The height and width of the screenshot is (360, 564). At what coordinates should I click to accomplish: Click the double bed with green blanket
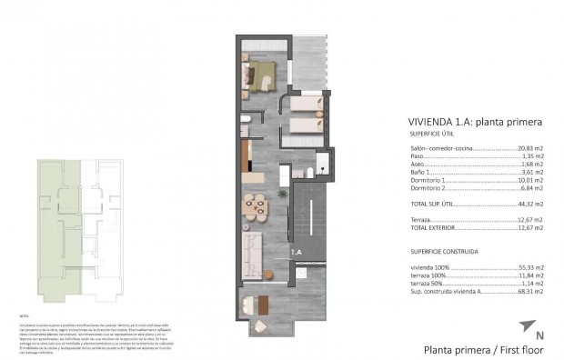(261, 74)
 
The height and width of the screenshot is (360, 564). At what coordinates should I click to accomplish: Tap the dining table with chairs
(254, 205)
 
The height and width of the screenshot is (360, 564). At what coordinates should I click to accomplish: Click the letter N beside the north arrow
(540, 335)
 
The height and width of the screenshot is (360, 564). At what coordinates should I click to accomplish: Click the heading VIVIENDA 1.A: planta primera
(465, 122)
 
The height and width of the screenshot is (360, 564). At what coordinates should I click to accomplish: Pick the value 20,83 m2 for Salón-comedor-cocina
(530, 147)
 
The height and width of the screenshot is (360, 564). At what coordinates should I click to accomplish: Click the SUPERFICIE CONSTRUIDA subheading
(444, 250)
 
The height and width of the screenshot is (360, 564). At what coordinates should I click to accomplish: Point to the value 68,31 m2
(530, 293)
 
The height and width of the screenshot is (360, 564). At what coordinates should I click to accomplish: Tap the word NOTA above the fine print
(24, 313)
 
